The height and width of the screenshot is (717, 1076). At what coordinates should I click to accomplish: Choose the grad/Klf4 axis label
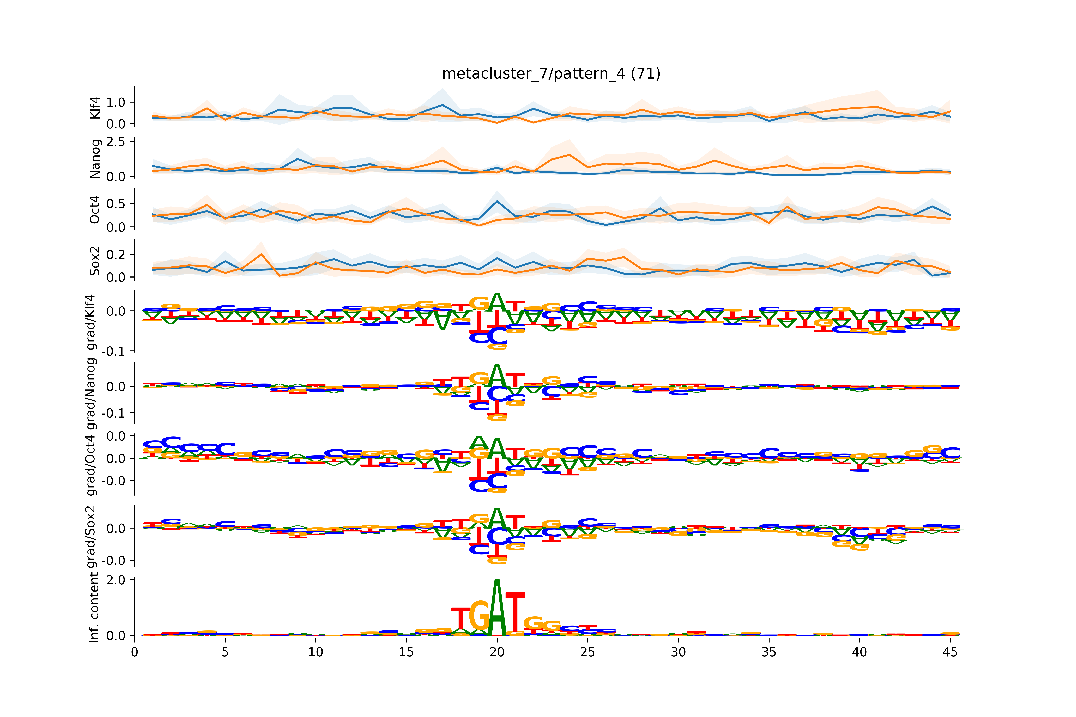91,322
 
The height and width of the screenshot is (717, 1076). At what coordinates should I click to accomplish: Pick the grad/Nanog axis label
91,393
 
